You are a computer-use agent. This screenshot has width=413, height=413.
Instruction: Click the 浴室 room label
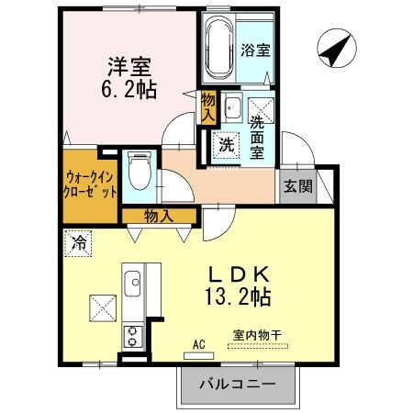pyautogui.click(x=254, y=51)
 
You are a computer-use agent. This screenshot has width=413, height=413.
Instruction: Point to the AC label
pyautogui.click(x=198, y=347)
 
